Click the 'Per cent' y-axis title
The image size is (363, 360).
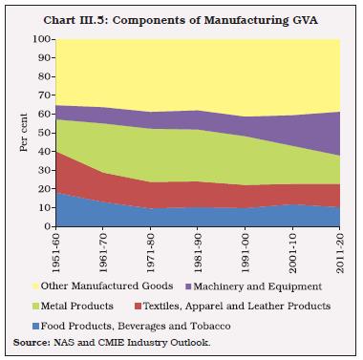pyautogui.click(x=21, y=133)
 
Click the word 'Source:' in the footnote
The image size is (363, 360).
pyautogui.click(x=29, y=342)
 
